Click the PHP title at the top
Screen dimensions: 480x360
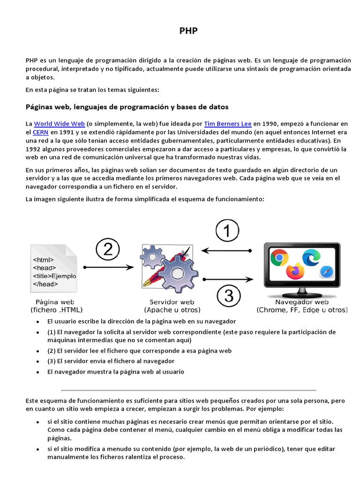(188, 31)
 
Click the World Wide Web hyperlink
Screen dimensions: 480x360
(59, 124)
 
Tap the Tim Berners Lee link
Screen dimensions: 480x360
(228, 124)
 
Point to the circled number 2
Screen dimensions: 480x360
(108, 250)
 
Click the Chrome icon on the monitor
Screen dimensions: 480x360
(279, 257)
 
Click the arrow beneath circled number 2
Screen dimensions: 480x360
(108, 267)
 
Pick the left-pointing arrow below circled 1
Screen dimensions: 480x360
(227, 251)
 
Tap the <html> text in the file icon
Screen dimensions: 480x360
(43, 259)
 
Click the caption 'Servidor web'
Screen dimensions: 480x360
(172, 302)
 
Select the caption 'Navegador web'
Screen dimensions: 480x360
(302, 302)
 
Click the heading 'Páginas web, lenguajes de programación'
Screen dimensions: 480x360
(127, 107)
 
